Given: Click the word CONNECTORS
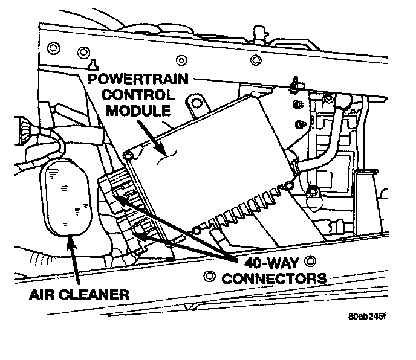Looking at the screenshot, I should [x=275, y=278].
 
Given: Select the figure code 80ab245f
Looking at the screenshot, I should [x=369, y=316].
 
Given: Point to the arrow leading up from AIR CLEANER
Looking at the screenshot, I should [x=76, y=260].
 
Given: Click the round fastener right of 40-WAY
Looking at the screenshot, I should [x=311, y=262].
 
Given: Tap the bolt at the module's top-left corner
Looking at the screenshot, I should [x=128, y=156].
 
